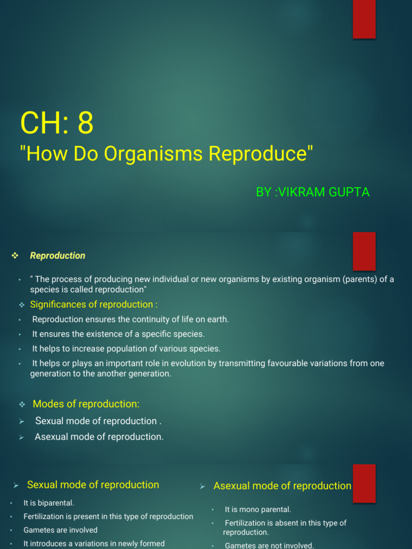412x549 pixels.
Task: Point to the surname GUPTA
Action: (x=350, y=192)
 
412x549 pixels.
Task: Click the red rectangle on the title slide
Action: (x=364, y=19)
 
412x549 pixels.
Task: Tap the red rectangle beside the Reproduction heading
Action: (x=364, y=251)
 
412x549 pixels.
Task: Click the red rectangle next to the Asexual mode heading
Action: (x=364, y=483)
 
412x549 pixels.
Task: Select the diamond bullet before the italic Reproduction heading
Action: (x=15, y=256)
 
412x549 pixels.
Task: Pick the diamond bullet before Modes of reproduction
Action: (x=22, y=404)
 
